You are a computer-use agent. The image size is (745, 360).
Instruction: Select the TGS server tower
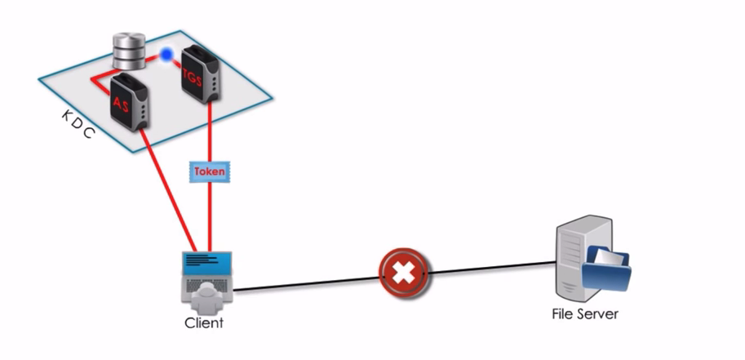point(200,75)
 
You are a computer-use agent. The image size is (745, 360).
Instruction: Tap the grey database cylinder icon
point(127,51)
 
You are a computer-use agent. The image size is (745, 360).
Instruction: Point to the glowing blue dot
point(166,55)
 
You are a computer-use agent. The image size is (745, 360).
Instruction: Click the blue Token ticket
point(209,172)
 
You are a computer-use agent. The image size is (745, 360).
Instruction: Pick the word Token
point(209,172)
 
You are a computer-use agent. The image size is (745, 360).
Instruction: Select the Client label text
point(204,322)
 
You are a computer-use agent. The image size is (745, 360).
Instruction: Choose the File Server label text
point(585,313)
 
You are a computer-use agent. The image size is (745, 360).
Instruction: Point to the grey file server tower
point(574,256)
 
